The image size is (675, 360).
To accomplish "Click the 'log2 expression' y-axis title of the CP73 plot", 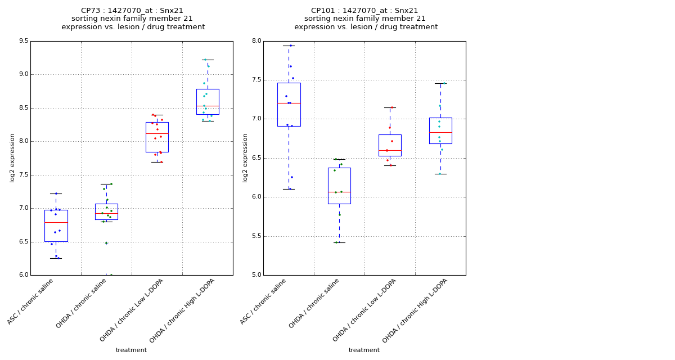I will point(12,158).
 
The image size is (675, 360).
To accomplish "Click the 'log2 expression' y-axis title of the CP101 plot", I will point(245,158).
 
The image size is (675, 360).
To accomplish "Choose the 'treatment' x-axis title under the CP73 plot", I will point(131,350).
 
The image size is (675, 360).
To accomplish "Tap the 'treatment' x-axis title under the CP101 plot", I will point(364,350).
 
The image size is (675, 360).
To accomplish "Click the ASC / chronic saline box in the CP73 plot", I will point(56,226).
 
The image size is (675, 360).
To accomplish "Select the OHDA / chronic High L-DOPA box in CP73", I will point(208,102).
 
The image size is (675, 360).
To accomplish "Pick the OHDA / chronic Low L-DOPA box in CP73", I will point(157,137).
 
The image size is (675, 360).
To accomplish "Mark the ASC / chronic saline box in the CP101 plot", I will point(289,105).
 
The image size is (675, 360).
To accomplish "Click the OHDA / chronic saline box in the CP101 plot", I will point(339,186).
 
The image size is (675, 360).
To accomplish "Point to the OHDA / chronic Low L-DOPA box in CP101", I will point(390,145).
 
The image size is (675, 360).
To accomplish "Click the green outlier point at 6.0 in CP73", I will point(111,275).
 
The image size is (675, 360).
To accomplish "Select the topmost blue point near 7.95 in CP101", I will point(291,46).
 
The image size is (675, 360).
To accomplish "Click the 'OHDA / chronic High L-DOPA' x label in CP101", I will point(411,311).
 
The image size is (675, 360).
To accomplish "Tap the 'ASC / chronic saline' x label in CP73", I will point(31,302).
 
